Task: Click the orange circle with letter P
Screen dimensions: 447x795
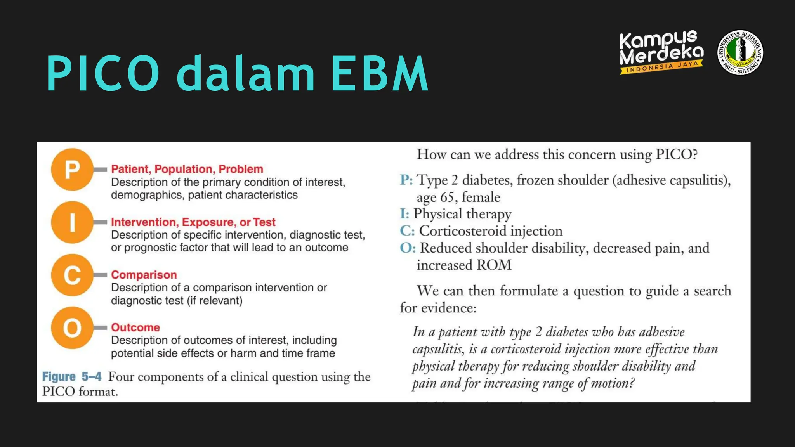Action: coord(72,170)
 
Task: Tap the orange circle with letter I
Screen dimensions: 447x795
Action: coord(72,222)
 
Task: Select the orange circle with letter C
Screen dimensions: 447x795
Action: coord(72,275)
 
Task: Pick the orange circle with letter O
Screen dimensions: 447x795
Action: coord(72,328)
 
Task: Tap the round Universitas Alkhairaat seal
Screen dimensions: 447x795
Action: coord(740,52)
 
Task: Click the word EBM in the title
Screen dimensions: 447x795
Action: coord(379,74)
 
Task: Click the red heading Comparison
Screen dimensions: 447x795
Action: coord(144,275)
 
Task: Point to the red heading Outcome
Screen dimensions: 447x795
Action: coord(135,327)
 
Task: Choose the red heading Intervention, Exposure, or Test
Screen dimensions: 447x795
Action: coord(193,222)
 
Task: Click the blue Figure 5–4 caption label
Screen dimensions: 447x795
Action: coord(72,377)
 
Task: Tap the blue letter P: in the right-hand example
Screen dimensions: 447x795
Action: coord(406,180)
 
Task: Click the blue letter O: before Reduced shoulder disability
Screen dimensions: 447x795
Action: coord(408,248)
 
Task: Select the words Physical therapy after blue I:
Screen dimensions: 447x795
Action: coord(462,214)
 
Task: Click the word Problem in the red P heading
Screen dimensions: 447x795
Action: coord(241,169)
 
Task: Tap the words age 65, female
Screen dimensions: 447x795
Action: coord(458,197)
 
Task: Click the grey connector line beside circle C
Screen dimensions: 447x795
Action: coord(100,275)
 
